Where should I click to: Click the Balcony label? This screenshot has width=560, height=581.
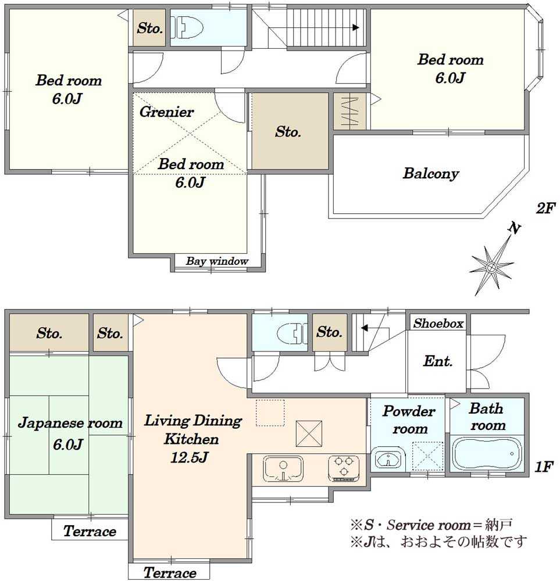430,173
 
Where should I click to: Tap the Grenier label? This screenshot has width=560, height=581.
166,112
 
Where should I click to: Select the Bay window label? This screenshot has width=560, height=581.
217,261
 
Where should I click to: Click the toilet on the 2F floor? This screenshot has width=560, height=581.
187,27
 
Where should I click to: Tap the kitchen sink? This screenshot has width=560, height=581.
283,468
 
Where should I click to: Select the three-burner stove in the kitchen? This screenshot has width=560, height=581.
344,468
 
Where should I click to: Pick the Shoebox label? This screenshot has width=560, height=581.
438,324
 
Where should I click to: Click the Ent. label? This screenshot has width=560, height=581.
438,361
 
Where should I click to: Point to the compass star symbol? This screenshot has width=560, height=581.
491,267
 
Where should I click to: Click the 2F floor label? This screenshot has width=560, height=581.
544,209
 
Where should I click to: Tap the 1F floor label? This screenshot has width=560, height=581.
544,467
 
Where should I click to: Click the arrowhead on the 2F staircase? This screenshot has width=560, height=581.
356,27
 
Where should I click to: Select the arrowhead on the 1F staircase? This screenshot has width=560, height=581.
364,328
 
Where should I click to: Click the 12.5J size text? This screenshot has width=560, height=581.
189,458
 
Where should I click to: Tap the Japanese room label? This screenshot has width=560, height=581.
70,424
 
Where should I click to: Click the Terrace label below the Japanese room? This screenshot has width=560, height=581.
90,532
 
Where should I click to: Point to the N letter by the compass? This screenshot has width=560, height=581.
515,228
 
